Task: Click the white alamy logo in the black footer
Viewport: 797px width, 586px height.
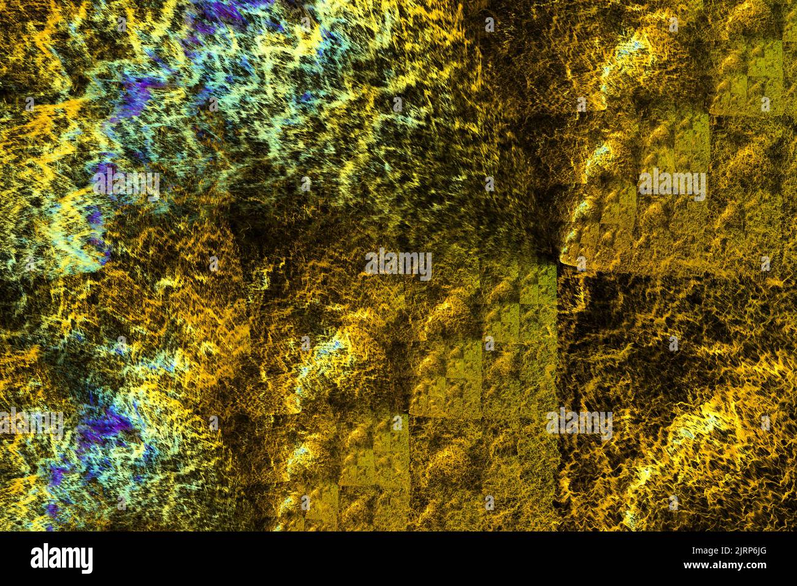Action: click(x=62, y=558)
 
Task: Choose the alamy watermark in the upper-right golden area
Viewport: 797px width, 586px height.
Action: click(x=672, y=185)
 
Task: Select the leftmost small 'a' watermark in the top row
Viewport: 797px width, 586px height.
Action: click(x=121, y=25)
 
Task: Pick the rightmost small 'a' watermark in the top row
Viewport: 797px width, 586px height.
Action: click(x=673, y=25)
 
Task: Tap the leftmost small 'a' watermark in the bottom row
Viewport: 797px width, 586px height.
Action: click(x=121, y=503)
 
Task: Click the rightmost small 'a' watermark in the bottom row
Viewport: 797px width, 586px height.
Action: click(x=673, y=503)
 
